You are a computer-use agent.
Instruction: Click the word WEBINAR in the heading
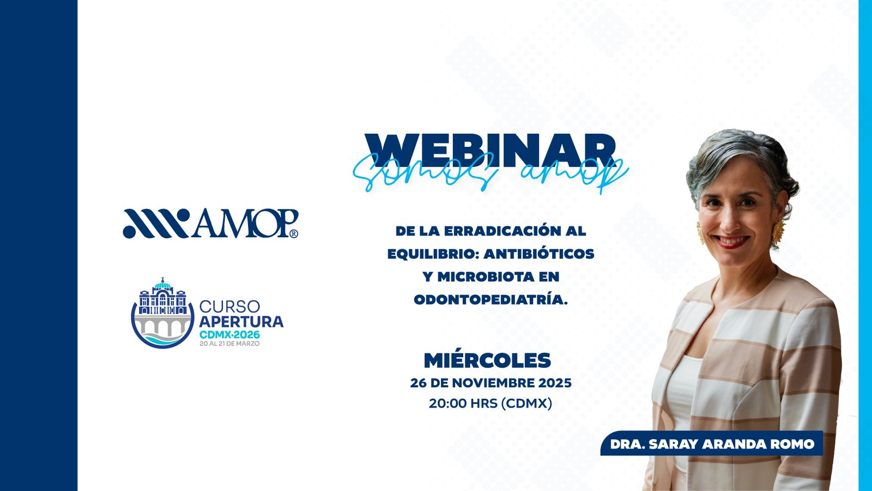click(490, 151)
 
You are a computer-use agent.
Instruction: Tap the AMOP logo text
click(245, 223)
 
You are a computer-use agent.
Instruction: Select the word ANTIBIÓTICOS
click(539, 254)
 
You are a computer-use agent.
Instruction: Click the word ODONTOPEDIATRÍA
click(491, 300)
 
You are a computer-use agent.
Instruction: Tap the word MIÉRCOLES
click(487, 361)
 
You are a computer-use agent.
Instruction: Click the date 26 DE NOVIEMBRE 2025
click(491, 383)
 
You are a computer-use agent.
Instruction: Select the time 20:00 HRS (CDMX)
click(491, 403)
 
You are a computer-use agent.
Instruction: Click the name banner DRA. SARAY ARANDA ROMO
click(712, 444)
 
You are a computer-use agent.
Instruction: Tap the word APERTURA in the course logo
click(241, 322)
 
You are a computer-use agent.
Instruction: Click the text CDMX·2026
click(229, 334)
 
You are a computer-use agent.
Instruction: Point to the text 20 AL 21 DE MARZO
click(229, 344)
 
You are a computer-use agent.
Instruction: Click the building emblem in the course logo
click(162, 313)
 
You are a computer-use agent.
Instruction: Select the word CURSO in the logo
click(229, 307)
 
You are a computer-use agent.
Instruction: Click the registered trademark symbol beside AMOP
click(294, 233)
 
